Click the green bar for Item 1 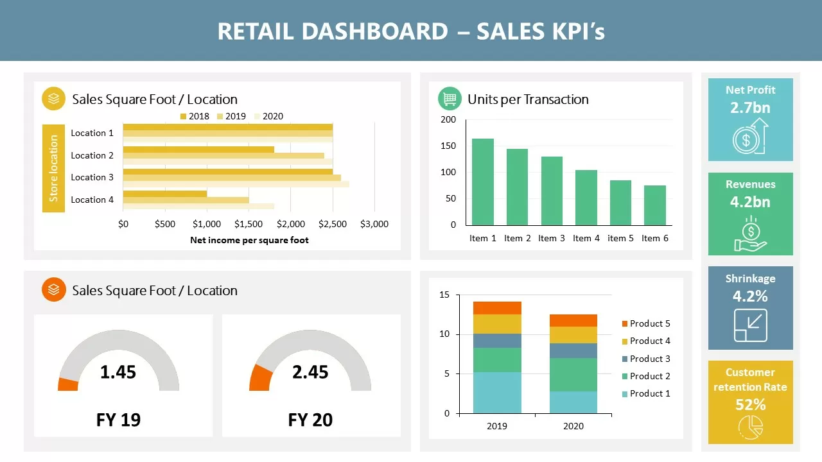point(483,182)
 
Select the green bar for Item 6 point(655,205)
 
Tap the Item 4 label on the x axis point(586,238)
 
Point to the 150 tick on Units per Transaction point(448,146)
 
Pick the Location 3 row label point(92,177)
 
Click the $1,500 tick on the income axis point(249,224)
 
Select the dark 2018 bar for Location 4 point(164,193)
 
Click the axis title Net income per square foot point(249,240)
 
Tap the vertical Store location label point(53,168)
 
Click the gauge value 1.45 point(118,372)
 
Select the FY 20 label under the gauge point(310,420)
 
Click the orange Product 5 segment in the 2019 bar point(497,307)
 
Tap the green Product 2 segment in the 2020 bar point(573,375)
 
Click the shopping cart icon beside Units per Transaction point(450,99)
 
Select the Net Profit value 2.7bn point(750,107)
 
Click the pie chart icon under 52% point(750,427)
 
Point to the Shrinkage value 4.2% point(750,296)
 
